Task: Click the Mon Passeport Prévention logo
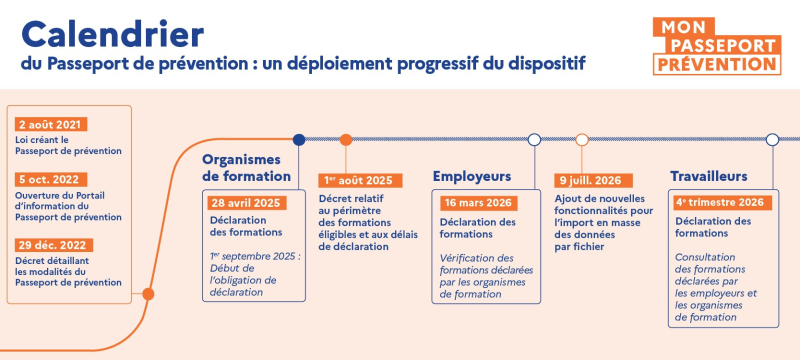716,45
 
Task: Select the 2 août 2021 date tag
50,124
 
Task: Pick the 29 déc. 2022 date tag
54,245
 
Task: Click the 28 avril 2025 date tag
245,202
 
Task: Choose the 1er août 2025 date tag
360,180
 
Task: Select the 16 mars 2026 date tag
478,202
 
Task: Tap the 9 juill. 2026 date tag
589,180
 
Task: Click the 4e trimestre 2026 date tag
720,202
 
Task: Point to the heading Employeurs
472,176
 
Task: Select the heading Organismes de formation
246,167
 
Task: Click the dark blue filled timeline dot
297,139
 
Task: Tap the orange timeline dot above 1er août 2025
346,139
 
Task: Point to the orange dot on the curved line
148,294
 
